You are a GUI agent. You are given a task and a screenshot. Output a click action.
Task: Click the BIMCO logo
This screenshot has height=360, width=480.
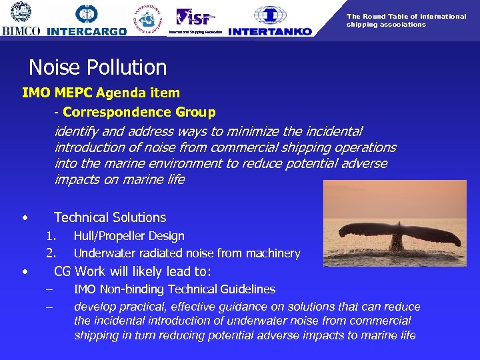[21, 19]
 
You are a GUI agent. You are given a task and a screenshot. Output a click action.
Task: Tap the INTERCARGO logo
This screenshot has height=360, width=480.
[87, 20]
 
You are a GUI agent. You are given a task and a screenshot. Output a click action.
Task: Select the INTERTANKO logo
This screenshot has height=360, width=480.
[269, 20]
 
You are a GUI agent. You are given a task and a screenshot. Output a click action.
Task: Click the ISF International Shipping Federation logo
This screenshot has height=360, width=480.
[195, 19]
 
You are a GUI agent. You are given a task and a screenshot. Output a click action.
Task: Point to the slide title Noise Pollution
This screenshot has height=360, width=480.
[97, 67]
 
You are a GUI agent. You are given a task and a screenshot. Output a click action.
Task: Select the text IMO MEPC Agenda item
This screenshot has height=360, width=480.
[101, 93]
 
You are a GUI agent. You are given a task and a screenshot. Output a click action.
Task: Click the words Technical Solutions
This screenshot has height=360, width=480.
[110, 217]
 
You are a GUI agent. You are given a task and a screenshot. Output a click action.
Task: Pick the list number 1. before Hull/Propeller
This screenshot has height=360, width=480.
[51, 236]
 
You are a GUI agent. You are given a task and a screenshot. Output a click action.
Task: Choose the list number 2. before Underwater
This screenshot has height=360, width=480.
[51, 253]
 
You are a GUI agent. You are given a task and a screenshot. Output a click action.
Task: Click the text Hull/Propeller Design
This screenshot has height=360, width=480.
[129, 236]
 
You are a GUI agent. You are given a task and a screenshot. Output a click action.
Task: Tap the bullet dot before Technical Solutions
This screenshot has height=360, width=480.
[25, 218]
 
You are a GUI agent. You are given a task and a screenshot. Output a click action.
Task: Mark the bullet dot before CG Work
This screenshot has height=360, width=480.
[25, 271]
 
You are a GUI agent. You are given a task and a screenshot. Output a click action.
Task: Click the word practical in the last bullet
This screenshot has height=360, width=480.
[139, 307]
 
